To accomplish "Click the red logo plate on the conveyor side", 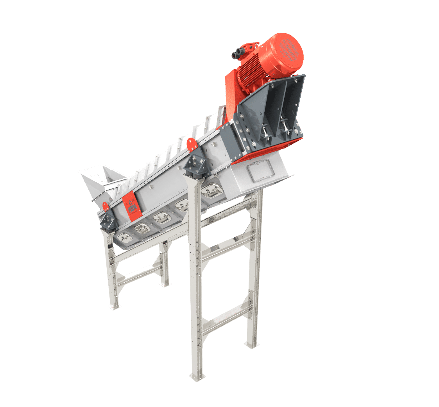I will click(130, 206).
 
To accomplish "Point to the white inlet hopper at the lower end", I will click(98, 178).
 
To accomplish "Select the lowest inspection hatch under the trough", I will click(124, 237).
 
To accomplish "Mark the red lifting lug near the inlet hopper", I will click(106, 206).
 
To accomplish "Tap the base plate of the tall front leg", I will click(195, 376).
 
